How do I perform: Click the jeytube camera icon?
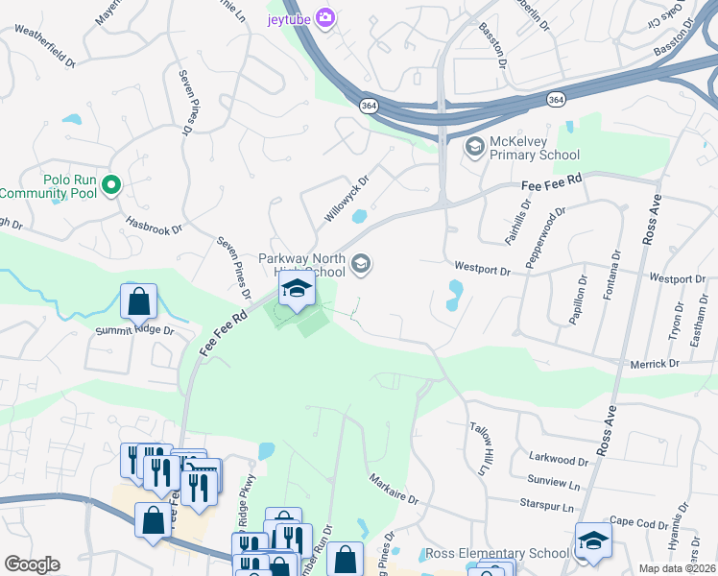(x=325, y=17)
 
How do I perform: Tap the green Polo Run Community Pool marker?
(x=111, y=185)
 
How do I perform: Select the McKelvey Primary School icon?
(x=473, y=147)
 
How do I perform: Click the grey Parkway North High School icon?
(x=361, y=264)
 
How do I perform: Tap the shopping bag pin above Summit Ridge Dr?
(x=139, y=301)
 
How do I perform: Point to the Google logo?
(x=32, y=564)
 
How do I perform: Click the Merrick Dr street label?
(x=655, y=364)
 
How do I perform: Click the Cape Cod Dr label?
(x=637, y=523)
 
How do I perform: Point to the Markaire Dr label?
(x=395, y=489)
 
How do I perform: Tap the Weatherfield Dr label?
(x=44, y=47)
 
